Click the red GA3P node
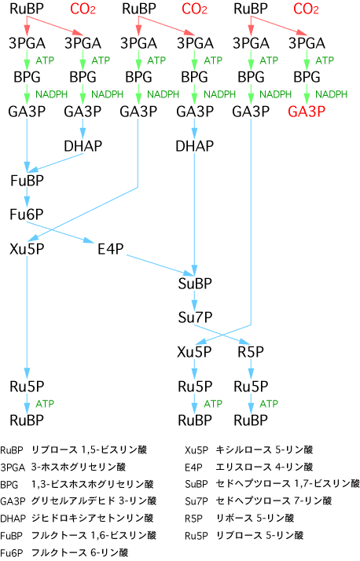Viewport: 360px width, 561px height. (307, 112)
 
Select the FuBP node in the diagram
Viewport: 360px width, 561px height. (27, 181)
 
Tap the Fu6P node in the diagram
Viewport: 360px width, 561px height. (27, 214)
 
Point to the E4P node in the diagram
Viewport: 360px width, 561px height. (111, 248)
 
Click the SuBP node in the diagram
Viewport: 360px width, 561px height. (195, 284)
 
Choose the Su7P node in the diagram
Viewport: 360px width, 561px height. (195, 317)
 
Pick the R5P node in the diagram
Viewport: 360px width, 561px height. (251, 352)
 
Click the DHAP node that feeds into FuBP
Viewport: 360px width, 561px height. (83, 145)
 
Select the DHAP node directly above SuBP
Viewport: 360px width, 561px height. (195, 145)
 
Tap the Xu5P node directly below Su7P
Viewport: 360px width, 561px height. (195, 352)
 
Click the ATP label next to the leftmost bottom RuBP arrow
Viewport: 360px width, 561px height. (45, 404)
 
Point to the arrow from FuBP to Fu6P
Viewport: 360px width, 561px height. (27, 196)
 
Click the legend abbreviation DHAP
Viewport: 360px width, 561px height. (13, 518)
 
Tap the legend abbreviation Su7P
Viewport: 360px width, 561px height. (197, 501)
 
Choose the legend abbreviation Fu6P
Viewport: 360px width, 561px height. (12, 553)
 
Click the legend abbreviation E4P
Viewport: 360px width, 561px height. (193, 467)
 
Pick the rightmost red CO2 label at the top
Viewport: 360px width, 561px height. (306, 9)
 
